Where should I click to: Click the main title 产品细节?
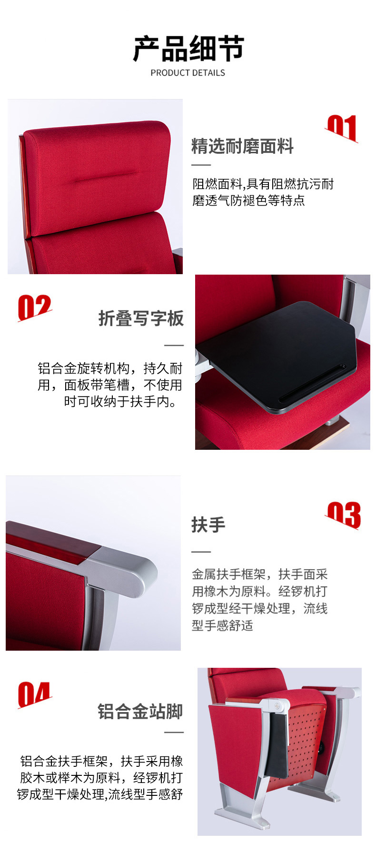point(188,49)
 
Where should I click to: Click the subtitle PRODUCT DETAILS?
point(188,73)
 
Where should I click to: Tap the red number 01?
point(342,128)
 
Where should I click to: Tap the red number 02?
point(34,307)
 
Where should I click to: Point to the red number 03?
point(343,515)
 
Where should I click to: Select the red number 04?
point(34,694)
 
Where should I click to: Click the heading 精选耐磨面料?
point(242,146)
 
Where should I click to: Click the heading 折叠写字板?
point(141,318)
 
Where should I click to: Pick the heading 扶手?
point(208,525)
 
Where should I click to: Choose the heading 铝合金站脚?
point(140,712)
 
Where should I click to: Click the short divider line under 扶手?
point(201,552)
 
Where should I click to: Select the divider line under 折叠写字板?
point(174,346)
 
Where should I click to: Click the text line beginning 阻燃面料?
point(263,184)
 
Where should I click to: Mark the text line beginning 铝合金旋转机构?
point(110,368)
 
